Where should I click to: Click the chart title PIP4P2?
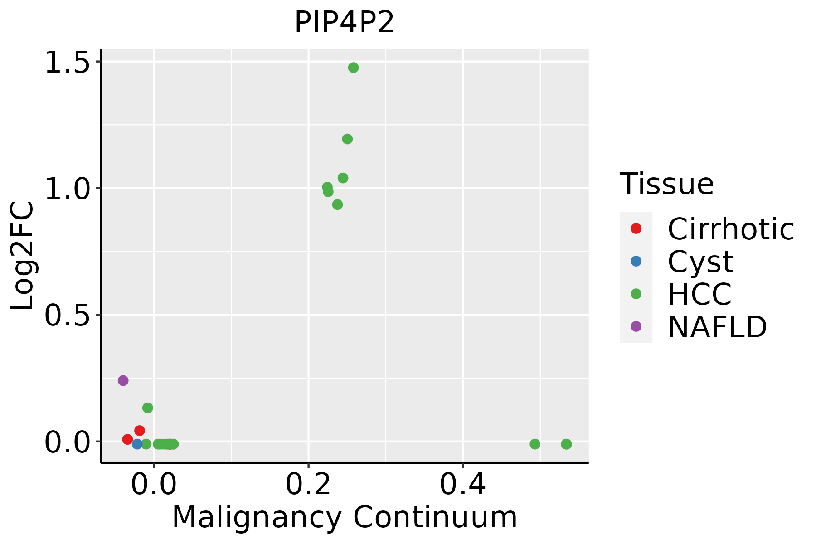coord(344,23)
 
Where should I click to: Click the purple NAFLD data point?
coord(123,380)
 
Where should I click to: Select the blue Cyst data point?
coord(137,444)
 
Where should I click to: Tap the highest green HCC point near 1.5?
coord(353,68)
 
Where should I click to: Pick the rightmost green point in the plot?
coord(566,444)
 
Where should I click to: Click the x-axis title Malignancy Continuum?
coord(345,517)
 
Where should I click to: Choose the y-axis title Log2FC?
coord(23,256)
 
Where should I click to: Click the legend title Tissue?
coord(666,184)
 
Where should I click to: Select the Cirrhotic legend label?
coord(731,229)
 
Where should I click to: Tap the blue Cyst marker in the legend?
coord(636,261)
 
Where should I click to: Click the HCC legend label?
coord(699,294)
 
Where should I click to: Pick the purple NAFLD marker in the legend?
coord(636,326)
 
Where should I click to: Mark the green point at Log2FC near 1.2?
coord(347,139)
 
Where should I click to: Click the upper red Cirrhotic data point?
coord(140,430)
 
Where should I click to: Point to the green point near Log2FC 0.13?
coord(147,408)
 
